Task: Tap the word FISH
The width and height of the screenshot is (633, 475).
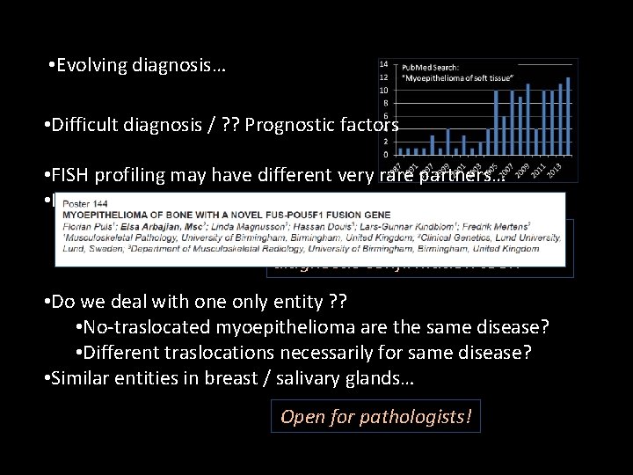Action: point(71,174)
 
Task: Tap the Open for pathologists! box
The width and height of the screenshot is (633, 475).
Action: point(376,416)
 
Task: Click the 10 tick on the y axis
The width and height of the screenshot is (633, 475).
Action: point(384,90)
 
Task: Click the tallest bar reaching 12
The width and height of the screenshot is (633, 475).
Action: point(569,114)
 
